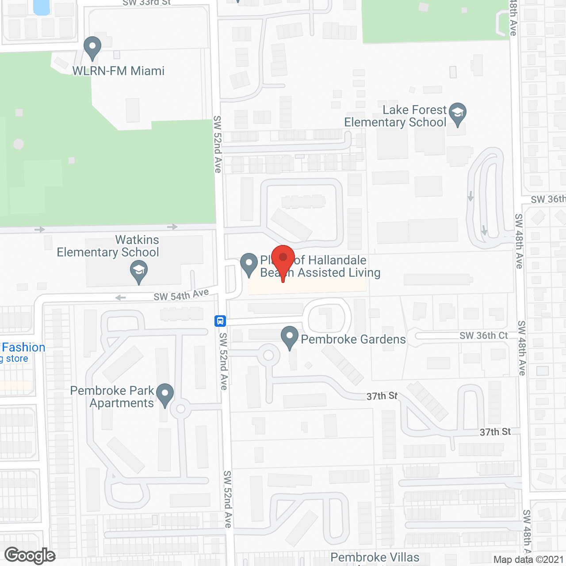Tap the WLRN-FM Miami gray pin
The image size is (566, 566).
92,47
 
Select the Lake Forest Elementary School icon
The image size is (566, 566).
458,114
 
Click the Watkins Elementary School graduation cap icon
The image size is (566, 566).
139,272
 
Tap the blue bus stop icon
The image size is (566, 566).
220,321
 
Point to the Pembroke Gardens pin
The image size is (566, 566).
290,337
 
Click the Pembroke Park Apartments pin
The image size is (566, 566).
165,394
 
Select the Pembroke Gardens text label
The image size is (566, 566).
353,339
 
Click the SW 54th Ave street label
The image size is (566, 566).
181,295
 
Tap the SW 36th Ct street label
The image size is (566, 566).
483,336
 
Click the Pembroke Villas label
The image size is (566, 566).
375,557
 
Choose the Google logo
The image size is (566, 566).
30,555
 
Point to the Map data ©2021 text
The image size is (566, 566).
528,559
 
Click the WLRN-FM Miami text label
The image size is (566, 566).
119,71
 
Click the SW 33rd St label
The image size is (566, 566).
146,3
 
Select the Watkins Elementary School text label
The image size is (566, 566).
108,246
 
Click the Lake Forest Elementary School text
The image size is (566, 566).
396,116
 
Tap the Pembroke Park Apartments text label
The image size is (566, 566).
112,397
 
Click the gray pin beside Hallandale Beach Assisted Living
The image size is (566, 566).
249,264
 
